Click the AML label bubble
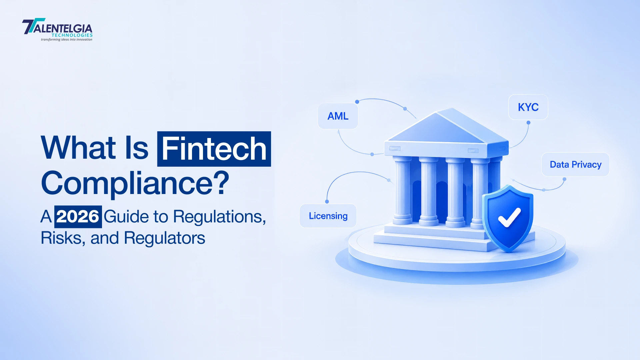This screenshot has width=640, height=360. click(x=338, y=116)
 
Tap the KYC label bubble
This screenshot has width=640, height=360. click(x=528, y=107)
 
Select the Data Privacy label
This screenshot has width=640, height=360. click(x=576, y=164)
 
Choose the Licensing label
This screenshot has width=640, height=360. click(x=328, y=216)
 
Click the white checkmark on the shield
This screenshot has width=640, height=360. click(x=509, y=217)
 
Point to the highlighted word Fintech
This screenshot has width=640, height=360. click(x=214, y=149)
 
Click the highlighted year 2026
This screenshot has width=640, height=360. click(x=78, y=217)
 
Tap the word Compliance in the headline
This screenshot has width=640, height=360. click(x=127, y=183)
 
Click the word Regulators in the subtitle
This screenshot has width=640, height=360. click(x=164, y=238)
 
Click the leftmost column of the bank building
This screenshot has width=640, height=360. click(x=403, y=190)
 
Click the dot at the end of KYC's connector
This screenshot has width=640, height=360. click(x=528, y=123)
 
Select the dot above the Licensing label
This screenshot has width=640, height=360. click(x=327, y=202)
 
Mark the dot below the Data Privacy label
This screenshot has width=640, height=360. click(x=564, y=179)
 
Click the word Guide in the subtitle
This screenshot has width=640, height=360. click(x=126, y=217)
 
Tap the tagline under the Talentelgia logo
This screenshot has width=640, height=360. click(x=67, y=40)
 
